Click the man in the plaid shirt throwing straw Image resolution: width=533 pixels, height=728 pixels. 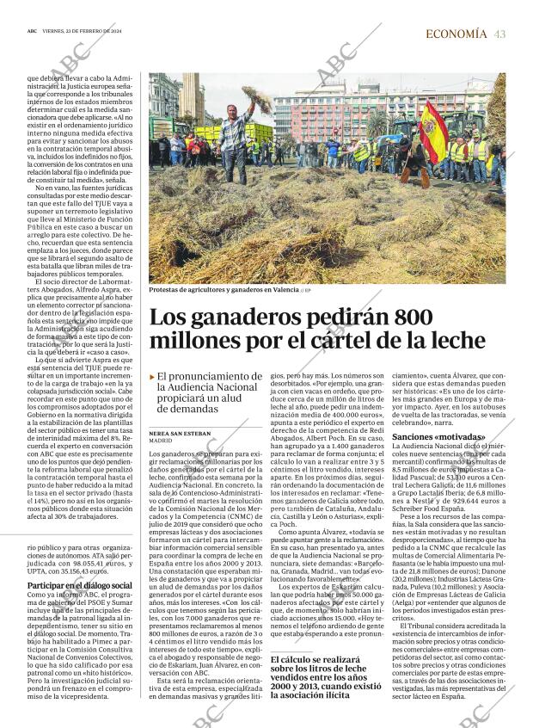[x=234, y=142]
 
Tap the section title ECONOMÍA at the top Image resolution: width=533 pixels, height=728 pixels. [x=456, y=34]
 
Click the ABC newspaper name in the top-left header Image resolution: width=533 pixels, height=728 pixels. [x=32, y=34]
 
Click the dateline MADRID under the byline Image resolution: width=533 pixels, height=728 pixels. [x=162, y=441]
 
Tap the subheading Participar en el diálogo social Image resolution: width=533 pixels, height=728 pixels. [x=79, y=585]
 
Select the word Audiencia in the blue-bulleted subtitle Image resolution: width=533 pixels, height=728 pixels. [x=199, y=387]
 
